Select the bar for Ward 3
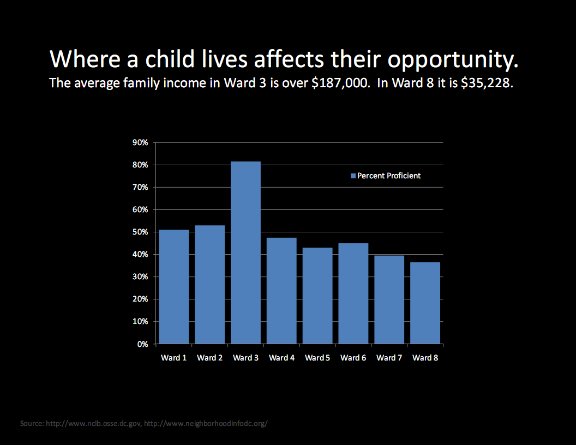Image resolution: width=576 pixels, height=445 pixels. (x=245, y=252)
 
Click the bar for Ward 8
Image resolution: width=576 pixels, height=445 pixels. (x=425, y=303)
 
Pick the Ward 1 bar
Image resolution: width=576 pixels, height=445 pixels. (x=173, y=287)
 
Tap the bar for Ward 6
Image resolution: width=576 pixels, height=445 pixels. (x=353, y=293)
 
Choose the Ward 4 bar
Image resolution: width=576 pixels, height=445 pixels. (x=281, y=291)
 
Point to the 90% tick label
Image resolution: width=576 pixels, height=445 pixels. (x=140, y=143)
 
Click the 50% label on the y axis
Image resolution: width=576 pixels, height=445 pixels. (x=140, y=232)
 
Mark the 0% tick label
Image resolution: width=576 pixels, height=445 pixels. (x=142, y=344)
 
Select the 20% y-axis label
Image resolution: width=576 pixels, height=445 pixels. (x=140, y=299)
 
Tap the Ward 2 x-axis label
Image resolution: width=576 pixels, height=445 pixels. (x=209, y=358)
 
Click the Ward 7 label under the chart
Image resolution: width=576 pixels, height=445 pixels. (x=389, y=358)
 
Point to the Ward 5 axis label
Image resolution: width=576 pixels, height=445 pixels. (x=317, y=358)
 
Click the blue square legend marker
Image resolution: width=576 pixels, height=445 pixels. (x=352, y=176)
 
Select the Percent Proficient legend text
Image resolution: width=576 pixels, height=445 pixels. (x=389, y=176)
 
